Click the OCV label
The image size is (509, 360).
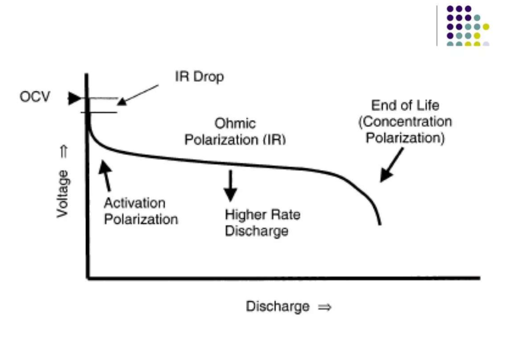(35, 97)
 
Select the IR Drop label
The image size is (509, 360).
(199, 77)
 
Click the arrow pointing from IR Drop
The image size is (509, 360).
(138, 95)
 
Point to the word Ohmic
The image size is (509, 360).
(235, 123)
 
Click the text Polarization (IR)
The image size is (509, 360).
(235, 140)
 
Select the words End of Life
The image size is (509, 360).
(405, 106)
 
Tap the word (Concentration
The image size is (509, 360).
(405, 122)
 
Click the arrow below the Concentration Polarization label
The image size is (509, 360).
(392, 165)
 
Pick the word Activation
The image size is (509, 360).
(135, 203)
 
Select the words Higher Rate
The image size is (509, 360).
(263, 214)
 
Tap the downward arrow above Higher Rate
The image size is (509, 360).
(230, 186)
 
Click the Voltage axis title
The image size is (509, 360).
(63, 194)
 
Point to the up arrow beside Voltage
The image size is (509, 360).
(64, 152)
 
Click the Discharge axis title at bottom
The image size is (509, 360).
(278, 306)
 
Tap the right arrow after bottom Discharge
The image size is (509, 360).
(325, 307)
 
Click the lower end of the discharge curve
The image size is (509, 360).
(380, 224)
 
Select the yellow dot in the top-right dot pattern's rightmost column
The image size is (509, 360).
(486, 26)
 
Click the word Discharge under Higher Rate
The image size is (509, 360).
(256, 231)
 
